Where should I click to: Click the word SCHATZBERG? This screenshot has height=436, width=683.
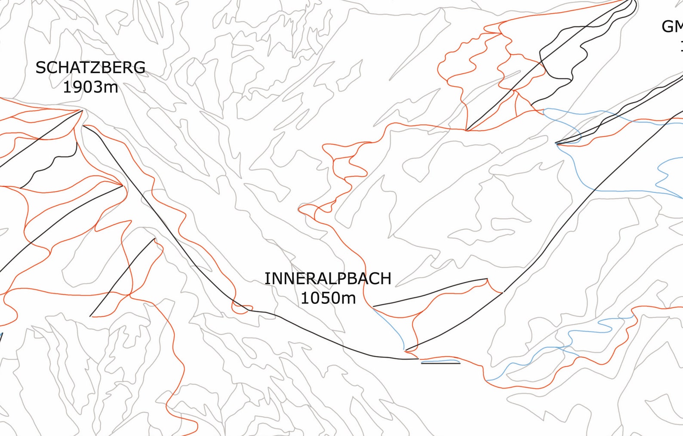coord(90,68)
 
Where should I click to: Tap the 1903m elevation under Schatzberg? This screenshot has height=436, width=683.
coord(90,87)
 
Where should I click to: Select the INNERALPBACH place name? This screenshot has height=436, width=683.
coord(328,278)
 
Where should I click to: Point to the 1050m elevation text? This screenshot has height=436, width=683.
coord(328,298)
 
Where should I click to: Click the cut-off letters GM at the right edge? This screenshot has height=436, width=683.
coord(672,27)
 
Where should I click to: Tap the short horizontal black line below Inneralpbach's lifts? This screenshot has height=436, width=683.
coord(440,363)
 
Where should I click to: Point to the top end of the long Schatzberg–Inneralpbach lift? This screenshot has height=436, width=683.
coord(83,126)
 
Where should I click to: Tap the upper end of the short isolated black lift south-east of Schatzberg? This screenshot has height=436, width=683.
coord(154,238)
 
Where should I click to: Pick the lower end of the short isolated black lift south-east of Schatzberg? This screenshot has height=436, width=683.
coord(90,316)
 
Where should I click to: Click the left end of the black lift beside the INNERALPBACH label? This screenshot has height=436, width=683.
coord(373,306)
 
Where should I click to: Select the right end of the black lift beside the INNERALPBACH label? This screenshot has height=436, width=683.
coord(486,279)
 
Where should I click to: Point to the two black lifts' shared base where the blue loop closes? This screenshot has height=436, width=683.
coord(557,143)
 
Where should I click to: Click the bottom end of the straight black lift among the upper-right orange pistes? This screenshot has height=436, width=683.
coord(467,130)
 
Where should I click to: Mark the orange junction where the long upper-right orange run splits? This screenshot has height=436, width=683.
coord(499,32)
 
